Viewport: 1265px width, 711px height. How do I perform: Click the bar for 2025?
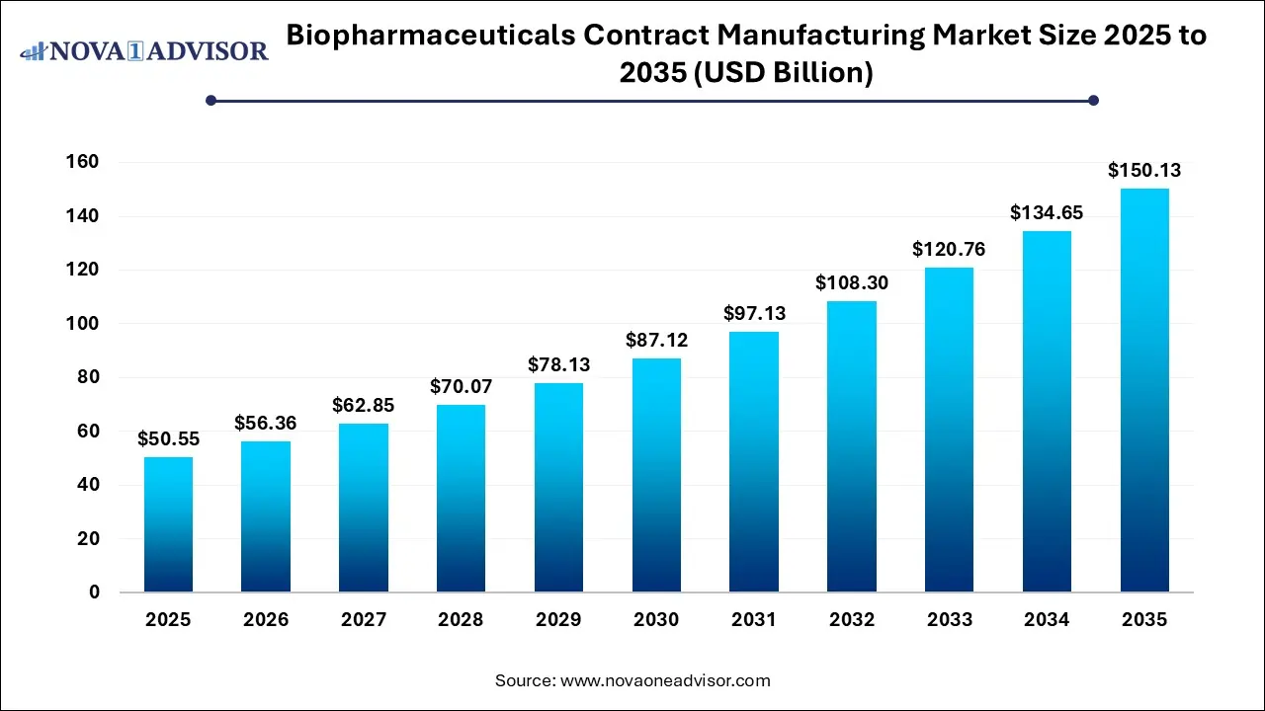pyautogui.click(x=168, y=524)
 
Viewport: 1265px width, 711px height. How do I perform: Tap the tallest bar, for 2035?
pyautogui.click(x=1144, y=390)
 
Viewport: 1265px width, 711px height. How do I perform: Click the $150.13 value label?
pyautogui.click(x=1144, y=171)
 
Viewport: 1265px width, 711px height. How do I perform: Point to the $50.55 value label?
pyautogui.click(x=168, y=438)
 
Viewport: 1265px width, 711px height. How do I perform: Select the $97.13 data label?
pyautogui.click(x=754, y=313)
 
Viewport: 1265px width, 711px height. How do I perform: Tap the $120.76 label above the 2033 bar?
pyautogui.click(x=949, y=250)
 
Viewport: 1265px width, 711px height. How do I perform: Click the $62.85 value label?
pyautogui.click(x=363, y=405)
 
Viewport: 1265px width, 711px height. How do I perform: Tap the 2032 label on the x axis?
pyautogui.click(x=852, y=620)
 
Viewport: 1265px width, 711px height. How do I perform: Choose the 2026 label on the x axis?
pyautogui.click(x=266, y=620)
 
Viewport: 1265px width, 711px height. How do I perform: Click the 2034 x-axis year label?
pyautogui.click(x=1047, y=620)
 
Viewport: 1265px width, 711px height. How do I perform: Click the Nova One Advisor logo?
pyautogui.click(x=144, y=50)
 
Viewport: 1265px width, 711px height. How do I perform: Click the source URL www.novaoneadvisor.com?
pyautogui.click(x=665, y=680)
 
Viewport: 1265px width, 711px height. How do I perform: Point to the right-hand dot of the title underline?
pyautogui.click(x=1093, y=100)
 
